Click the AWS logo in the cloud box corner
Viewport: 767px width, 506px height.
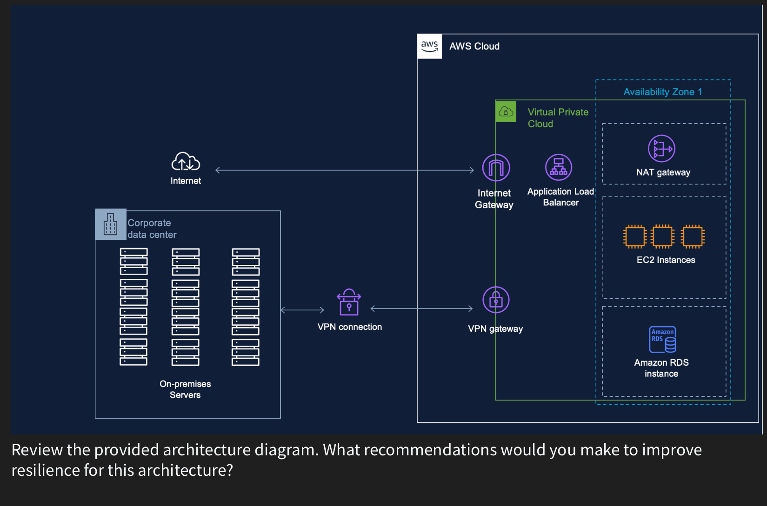[429, 46]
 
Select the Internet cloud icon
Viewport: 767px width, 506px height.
[186, 162]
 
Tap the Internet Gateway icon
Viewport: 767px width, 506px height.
[496, 167]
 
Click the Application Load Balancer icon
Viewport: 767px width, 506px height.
[558, 167]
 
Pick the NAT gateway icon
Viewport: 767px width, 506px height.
[661, 149]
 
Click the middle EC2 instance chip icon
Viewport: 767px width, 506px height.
[662, 236]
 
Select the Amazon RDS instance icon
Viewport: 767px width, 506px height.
[662, 339]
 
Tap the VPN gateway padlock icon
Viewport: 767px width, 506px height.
[496, 300]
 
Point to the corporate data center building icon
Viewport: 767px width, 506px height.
[111, 224]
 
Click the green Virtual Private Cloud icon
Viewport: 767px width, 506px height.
[506, 112]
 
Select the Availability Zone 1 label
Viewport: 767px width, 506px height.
[662, 92]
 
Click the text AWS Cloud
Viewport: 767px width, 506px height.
[474, 46]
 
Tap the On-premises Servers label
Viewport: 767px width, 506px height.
[185, 389]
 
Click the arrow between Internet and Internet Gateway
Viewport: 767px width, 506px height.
[344, 170]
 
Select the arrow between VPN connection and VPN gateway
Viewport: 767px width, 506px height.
[421, 309]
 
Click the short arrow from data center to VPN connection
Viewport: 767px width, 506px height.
[302, 309]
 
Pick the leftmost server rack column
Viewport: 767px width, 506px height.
[133, 307]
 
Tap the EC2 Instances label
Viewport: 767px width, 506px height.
[666, 260]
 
